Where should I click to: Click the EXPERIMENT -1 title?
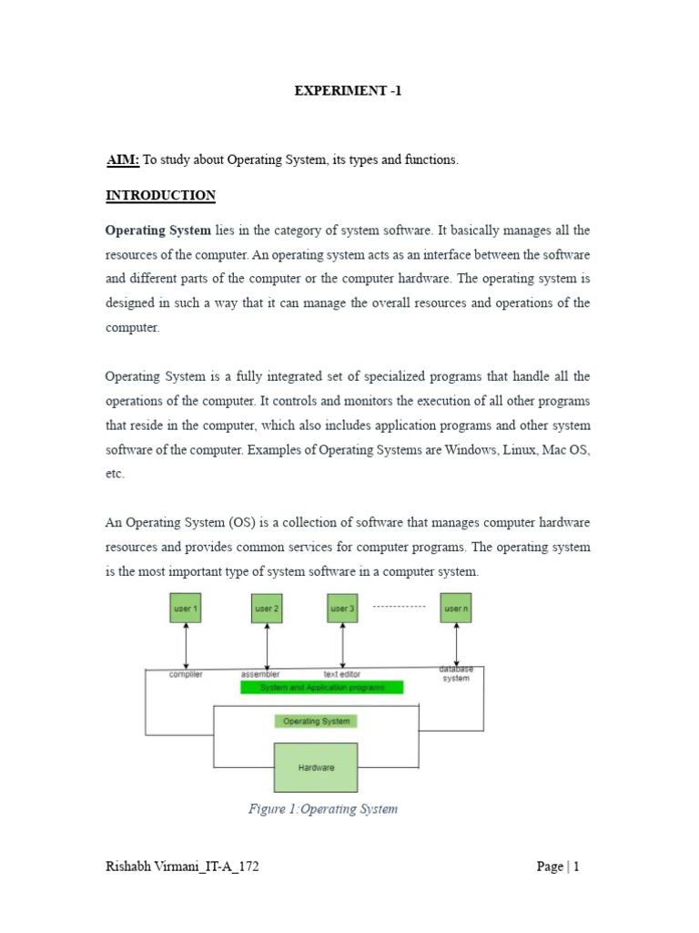[x=349, y=91]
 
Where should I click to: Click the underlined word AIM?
[x=123, y=159]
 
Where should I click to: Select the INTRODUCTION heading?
[x=161, y=196]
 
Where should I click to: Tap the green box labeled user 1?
[x=186, y=608]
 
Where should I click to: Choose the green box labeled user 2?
[x=267, y=608]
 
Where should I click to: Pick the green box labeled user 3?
[x=342, y=608]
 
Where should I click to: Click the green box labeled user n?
[x=456, y=608]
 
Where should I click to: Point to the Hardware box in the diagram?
[x=316, y=767]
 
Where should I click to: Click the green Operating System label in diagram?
[x=316, y=721]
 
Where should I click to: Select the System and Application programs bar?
[x=322, y=687]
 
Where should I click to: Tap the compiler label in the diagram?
[x=186, y=674]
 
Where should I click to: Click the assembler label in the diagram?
[x=260, y=674]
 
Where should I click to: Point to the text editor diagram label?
[x=342, y=674]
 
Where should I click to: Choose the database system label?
[x=456, y=673]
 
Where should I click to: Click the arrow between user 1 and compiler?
[x=186, y=646]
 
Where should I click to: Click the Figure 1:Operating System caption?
[x=323, y=808]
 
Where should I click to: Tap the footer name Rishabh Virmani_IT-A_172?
[x=182, y=866]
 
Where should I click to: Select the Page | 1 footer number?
[x=558, y=866]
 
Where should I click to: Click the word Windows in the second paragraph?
[x=443, y=451]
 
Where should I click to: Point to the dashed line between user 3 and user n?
[x=400, y=606]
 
